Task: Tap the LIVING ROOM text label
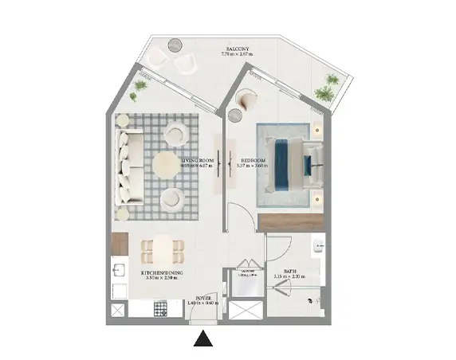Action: (x=196, y=161)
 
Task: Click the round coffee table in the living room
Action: (x=167, y=163)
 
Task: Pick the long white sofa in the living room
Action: (x=128, y=166)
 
